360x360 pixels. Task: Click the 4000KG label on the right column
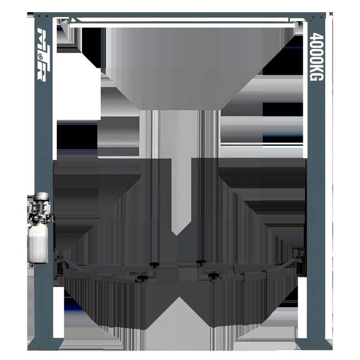point(317,57)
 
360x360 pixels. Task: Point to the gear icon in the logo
point(40,55)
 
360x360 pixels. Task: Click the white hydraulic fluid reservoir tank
point(38,244)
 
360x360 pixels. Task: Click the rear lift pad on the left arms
point(155,265)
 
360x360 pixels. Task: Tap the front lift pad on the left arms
point(143,278)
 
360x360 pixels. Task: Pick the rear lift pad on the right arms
point(201,262)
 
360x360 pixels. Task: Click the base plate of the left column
point(45,344)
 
